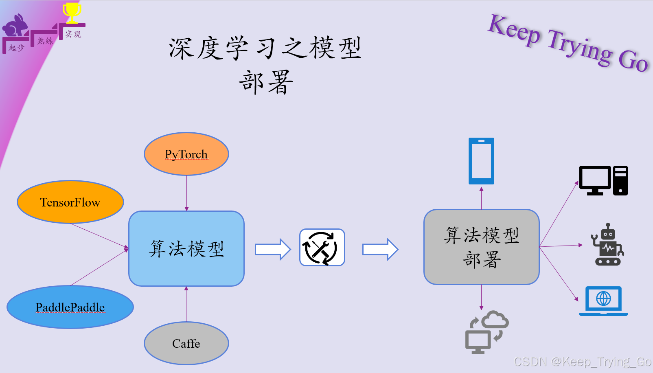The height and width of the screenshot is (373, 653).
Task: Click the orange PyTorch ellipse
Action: (x=186, y=154)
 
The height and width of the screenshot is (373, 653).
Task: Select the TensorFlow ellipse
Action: (x=70, y=202)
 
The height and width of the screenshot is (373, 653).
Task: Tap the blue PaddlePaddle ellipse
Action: (x=70, y=307)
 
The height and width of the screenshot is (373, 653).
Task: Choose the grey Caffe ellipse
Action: (x=186, y=343)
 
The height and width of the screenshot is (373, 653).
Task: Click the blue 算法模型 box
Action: (x=186, y=248)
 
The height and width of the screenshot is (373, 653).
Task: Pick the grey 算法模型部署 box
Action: (x=482, y=247)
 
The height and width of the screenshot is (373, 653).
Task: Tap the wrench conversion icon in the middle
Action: (x=322, y=248)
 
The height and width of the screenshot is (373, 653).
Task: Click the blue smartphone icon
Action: (x=481, y=161)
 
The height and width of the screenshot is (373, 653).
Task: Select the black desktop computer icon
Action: (x=603, y=180)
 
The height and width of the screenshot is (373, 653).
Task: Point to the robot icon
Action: (x=608, y=245)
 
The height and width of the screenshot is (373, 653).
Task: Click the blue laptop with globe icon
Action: (x=603, y=301)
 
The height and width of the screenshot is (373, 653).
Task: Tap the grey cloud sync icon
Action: (x=487, y=332)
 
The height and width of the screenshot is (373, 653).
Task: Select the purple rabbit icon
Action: (x=15, y=26)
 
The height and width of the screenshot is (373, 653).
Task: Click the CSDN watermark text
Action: (x=582, y=362)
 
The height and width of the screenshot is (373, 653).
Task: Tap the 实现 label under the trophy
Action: (x=73, y=35)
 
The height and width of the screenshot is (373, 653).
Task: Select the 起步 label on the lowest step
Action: (x=17, y=48)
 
